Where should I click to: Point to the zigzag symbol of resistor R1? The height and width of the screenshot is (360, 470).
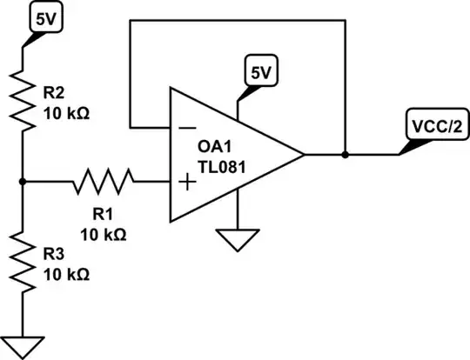coord(105,183)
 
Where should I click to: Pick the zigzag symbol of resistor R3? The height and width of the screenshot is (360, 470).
coord(21,261)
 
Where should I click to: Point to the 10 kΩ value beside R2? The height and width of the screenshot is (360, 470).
coord(67,113)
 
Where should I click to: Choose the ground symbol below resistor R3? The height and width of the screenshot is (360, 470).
coord(21,343)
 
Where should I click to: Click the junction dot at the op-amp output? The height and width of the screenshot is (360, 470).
coord(346,155)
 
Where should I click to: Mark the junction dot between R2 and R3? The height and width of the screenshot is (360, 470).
coord(21,182)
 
